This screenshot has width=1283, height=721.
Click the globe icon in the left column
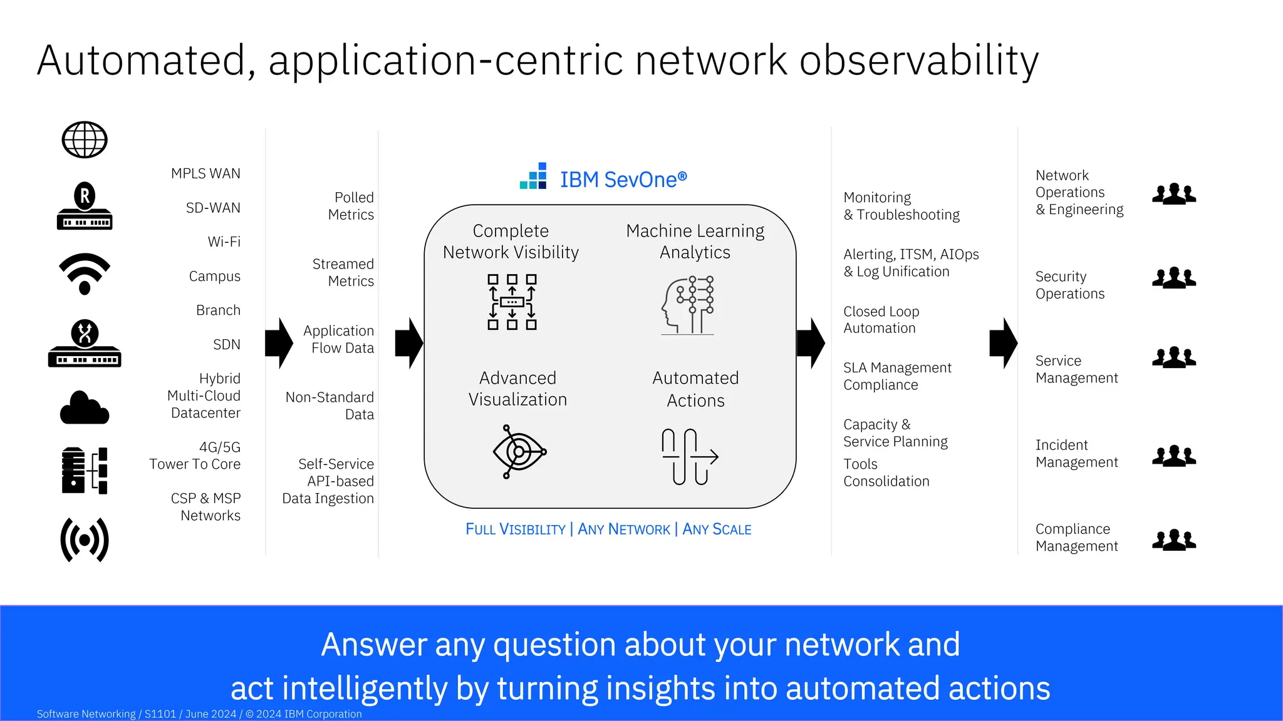click(x=85, y=140)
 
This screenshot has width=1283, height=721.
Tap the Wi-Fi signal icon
click(x=85, y=274)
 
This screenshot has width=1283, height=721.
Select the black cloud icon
click(x=85, y=408)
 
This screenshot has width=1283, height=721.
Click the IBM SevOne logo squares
click(x=534, y=176)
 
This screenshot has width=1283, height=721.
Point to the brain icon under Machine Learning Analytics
click(x=688, y=305)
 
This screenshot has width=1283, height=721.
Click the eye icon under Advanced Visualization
click(x=519, y=451)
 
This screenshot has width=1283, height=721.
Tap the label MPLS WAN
click(x=205, y=173)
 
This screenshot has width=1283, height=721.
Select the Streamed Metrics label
click(x=343, y=272)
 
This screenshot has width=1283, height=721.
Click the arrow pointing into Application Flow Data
click(x=279, y=342)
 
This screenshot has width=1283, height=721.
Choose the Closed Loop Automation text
click(x=881, y=320)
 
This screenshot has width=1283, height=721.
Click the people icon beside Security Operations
click(x=1174, y=277)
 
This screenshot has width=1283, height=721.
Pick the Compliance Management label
click(x=1076, y=538)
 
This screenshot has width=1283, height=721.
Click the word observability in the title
click(x=918, y=61)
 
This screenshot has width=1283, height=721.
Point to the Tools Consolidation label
click(x=886, y=473)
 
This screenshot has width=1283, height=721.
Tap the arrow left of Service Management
click(x=1003, y=342)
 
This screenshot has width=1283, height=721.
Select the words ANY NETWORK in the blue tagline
click(x=623, y=529)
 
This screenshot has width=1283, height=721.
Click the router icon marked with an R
click(x=85, y=206)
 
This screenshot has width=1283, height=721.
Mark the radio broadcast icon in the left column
click(x=85, y=539)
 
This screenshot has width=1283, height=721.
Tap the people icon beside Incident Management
click(x=1174, y=456)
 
